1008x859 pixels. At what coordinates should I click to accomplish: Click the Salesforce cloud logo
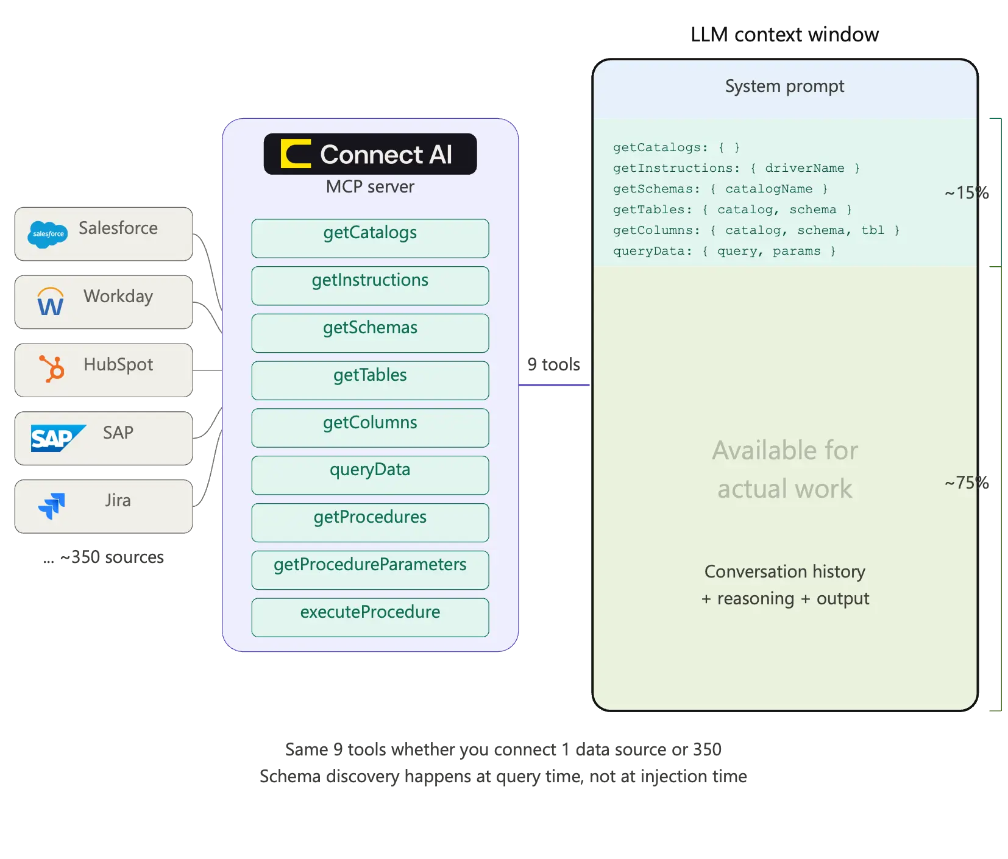48,235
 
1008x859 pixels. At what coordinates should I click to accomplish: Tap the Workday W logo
51,302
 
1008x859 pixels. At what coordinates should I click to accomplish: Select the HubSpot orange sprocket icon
52,369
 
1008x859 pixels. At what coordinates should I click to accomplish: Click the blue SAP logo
56,438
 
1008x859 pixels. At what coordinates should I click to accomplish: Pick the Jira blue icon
52,506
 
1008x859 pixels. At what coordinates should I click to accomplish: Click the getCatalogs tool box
370,238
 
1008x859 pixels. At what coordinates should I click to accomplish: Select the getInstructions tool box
370,286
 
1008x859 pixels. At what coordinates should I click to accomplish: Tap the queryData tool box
370,475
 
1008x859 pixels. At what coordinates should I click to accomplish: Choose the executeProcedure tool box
370,617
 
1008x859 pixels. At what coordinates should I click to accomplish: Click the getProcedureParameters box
370,570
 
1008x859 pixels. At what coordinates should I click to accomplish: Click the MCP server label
370,186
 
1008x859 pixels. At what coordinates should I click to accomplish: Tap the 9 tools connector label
553,364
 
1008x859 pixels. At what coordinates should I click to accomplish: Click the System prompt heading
784,87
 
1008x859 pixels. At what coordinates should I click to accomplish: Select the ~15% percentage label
967,193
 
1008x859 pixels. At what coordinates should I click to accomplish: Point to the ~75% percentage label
967,483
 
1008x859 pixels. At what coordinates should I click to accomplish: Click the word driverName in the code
804,168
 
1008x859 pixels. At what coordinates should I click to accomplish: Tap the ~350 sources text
112,557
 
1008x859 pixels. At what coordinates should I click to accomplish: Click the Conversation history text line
784,571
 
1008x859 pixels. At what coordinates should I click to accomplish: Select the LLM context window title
784,35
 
